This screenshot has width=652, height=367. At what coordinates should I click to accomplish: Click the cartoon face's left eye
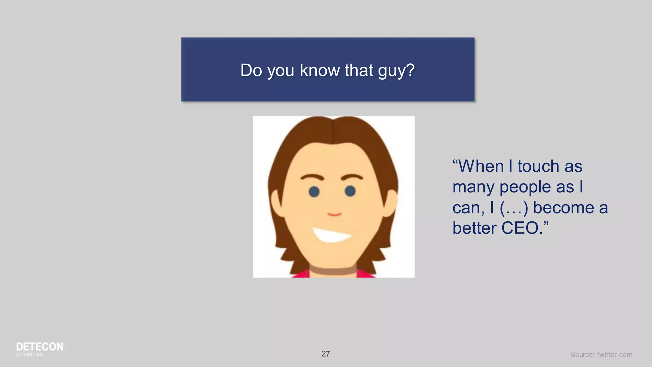click(x=314, y=191)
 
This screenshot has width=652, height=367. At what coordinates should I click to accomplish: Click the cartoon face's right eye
click(x=350, y=191)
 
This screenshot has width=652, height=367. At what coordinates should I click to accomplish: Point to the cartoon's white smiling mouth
click(x=331, y=235)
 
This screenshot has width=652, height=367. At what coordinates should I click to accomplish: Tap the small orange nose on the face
click(x=334, y=214)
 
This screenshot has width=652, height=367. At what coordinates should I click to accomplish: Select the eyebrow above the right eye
click(x=352, y=176)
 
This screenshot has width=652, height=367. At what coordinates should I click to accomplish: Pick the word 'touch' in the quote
click(x=538, y=166)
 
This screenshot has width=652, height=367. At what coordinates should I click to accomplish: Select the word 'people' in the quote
click(x=525, y=187)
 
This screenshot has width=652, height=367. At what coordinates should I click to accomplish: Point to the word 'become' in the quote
click(x=563, y=208)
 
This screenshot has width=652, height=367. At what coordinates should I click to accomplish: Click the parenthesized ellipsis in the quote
click(x=514, y=208)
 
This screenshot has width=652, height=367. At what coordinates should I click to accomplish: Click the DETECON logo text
click(x=39, y=347)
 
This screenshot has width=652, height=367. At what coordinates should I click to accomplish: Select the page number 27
click(x=326, y=354)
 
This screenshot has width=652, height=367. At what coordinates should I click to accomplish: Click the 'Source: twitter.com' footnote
click(x=601, y=355)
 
